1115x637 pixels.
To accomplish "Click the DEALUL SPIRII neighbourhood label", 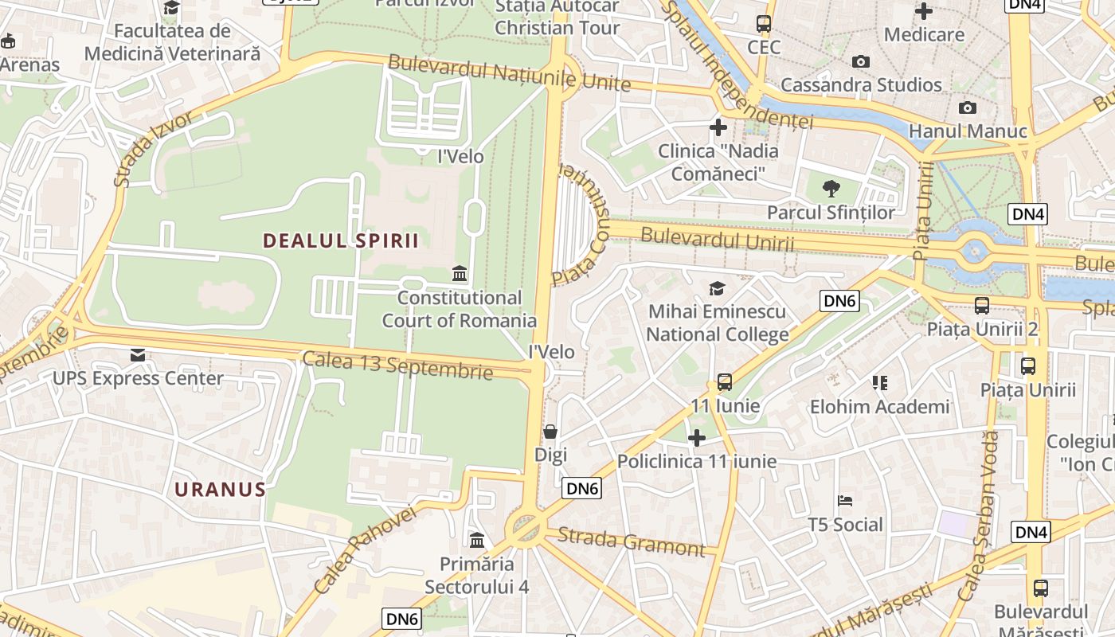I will (341, 240).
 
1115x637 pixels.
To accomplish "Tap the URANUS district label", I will (220, 489).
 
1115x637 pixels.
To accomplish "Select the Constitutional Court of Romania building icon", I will (460, 275).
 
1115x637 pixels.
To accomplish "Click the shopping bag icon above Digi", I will (550, 432).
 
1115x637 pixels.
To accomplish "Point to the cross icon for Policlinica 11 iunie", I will (697, 438).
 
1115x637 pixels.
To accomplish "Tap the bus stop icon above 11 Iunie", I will (724, 382).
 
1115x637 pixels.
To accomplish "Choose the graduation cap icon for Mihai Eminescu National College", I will (717, 288).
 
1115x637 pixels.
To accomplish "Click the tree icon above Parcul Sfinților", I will (831, 189).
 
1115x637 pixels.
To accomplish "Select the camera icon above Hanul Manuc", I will (967, 107).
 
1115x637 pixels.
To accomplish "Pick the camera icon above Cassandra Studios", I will (860, 61).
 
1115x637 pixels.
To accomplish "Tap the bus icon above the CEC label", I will (763, 24).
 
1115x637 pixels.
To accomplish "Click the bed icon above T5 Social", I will (845, 501).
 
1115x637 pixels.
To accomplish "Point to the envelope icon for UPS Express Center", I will (138, 354).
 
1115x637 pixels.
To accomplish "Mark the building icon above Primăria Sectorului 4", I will (477, 541).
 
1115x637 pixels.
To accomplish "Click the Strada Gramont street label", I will (631, 541).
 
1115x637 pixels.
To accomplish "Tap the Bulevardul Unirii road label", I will (717, 239).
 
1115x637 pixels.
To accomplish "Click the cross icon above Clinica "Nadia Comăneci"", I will (718, 127).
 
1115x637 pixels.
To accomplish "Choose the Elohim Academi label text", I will (879, 407).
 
